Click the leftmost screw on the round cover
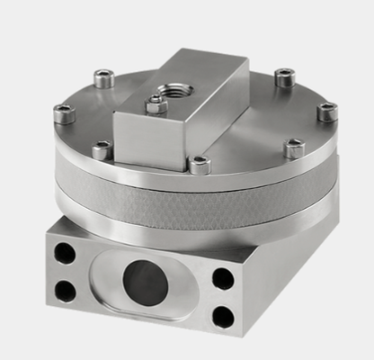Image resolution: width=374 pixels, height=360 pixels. coord(63,113)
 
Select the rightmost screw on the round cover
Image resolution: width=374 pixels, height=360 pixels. coord(327,112)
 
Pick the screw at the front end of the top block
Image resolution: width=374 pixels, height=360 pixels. coord(199,165)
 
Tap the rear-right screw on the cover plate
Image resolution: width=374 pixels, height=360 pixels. coord(285,77)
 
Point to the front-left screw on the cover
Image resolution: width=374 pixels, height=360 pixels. coord(102,149)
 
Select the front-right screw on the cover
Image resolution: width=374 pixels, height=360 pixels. coord(293,148)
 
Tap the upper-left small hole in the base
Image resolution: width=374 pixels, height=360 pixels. coord(64,253)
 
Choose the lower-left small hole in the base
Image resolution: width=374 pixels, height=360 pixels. coord(65,291)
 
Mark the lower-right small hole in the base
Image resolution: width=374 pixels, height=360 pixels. coord(221,315)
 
